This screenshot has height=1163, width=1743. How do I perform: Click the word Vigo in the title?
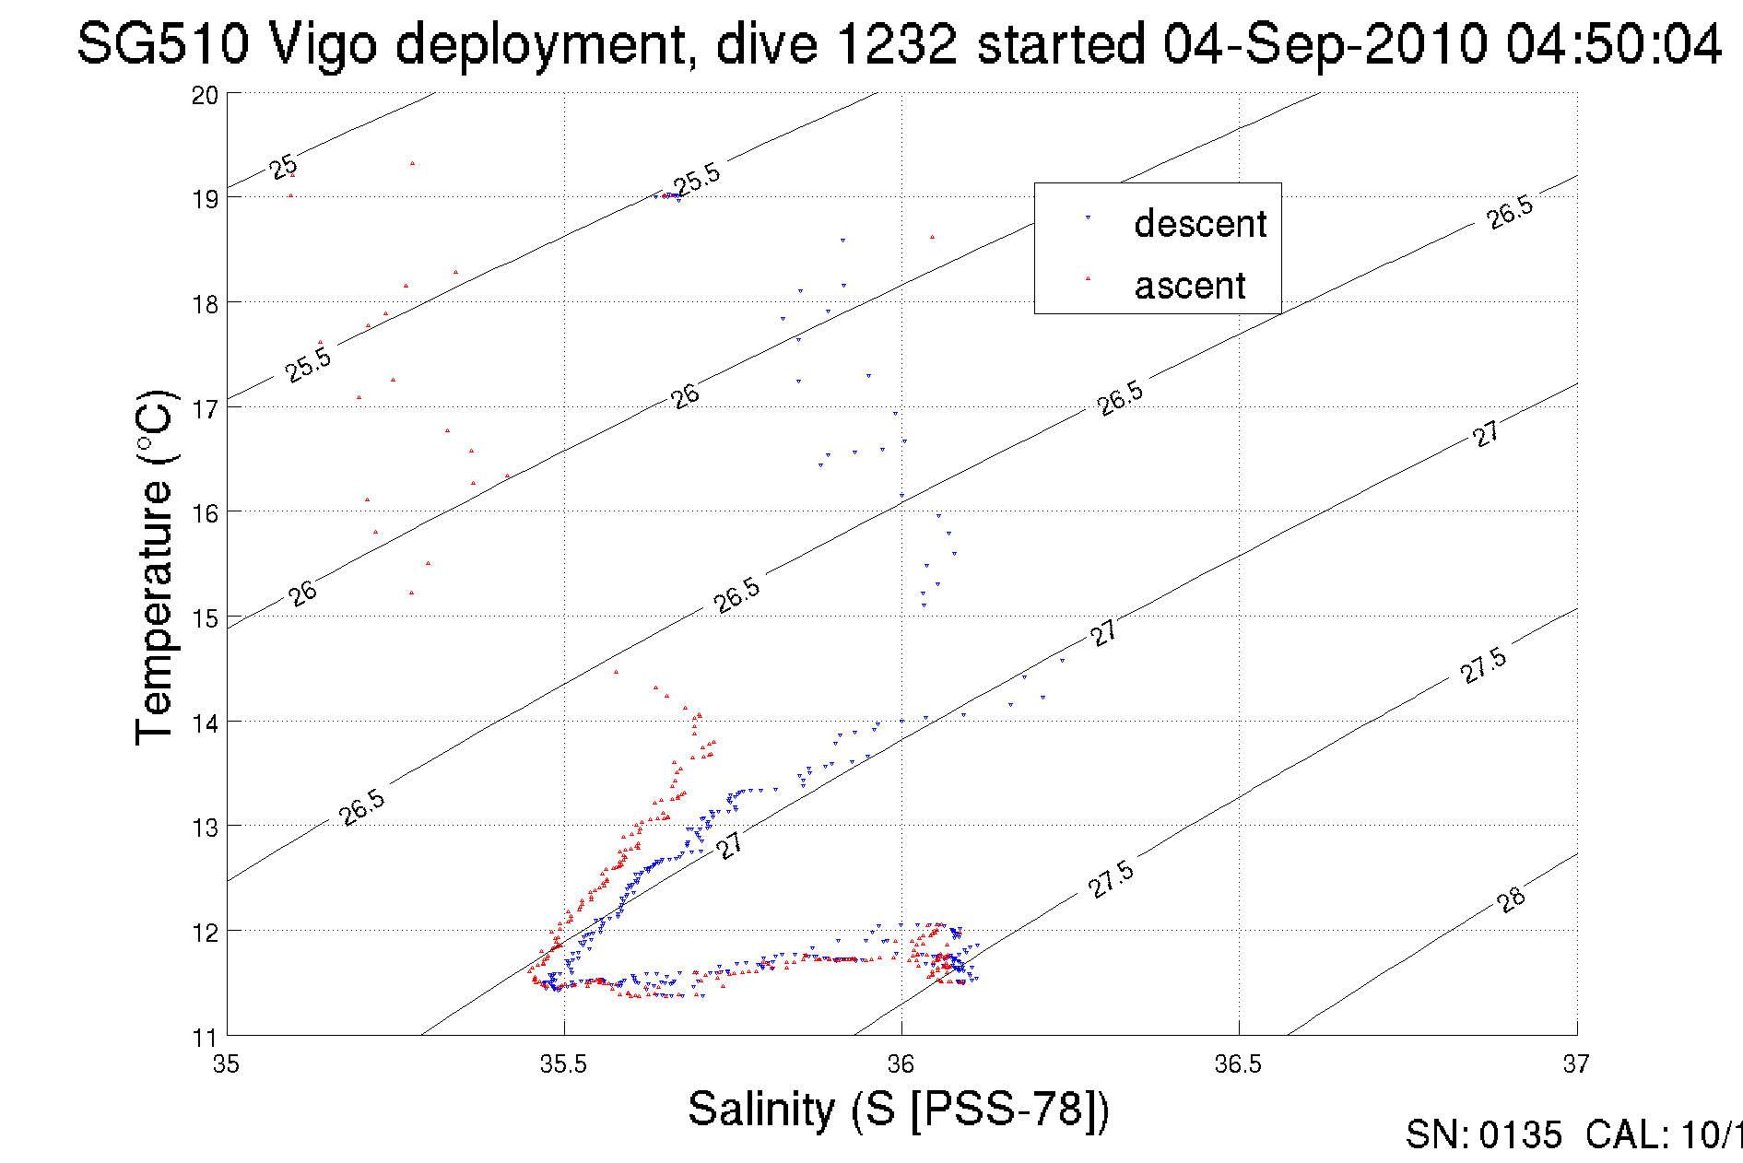point(322,44)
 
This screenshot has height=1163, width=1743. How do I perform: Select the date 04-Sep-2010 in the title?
point(1325,44)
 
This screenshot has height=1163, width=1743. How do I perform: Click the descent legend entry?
point(1199,224)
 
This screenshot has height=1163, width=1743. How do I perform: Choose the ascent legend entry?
point(1189,286)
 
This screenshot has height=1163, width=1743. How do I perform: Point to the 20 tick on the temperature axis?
point(205,96)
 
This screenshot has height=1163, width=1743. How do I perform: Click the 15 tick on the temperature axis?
point(205,618)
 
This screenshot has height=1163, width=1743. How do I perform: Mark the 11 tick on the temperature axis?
point(205,1038)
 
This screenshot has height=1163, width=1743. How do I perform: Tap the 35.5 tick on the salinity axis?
point(563,1064)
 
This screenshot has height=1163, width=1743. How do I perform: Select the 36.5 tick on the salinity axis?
point(1238,1064)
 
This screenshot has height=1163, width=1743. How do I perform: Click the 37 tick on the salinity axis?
point(1575,1064)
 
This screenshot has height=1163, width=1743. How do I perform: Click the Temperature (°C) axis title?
point(155,567)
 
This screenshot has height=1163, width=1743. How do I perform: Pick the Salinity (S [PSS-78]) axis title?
point(899,1109)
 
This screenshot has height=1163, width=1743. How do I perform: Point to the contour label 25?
point(283,167)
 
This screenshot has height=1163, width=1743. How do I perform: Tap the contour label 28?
point(1511,899)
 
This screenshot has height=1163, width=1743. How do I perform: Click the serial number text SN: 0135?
point(1483,1135)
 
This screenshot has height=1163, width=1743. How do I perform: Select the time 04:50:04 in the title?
point(1613,44)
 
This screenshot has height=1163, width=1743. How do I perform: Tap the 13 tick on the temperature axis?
point(205,828)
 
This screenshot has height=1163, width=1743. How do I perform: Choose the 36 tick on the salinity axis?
point(901,1064)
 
